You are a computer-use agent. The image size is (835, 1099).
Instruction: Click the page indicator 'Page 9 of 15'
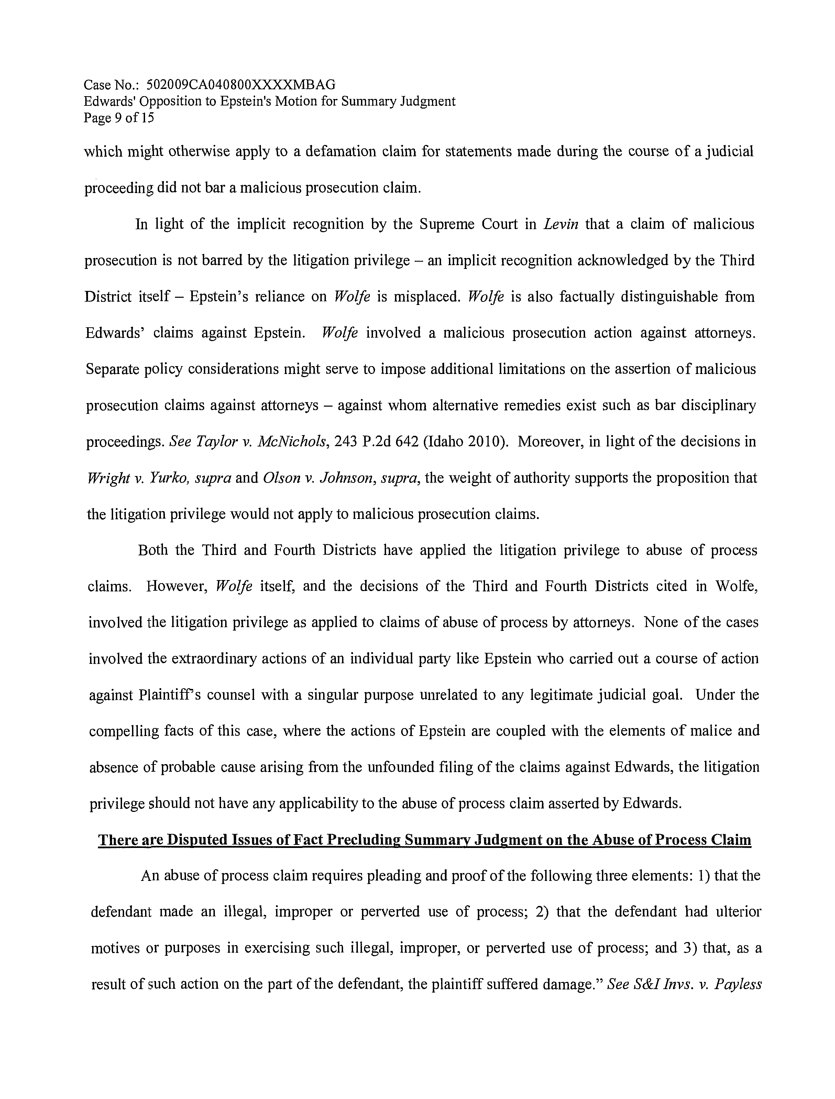pyautogui.click(x=119, y=118)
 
